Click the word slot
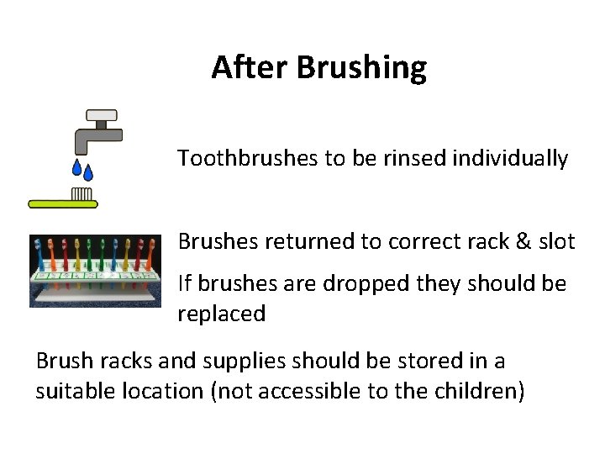[x=555, y=242]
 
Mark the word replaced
[x=221, y=314]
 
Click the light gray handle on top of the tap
[x=102, y=114]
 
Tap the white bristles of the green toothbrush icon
[x=82, y=194]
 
